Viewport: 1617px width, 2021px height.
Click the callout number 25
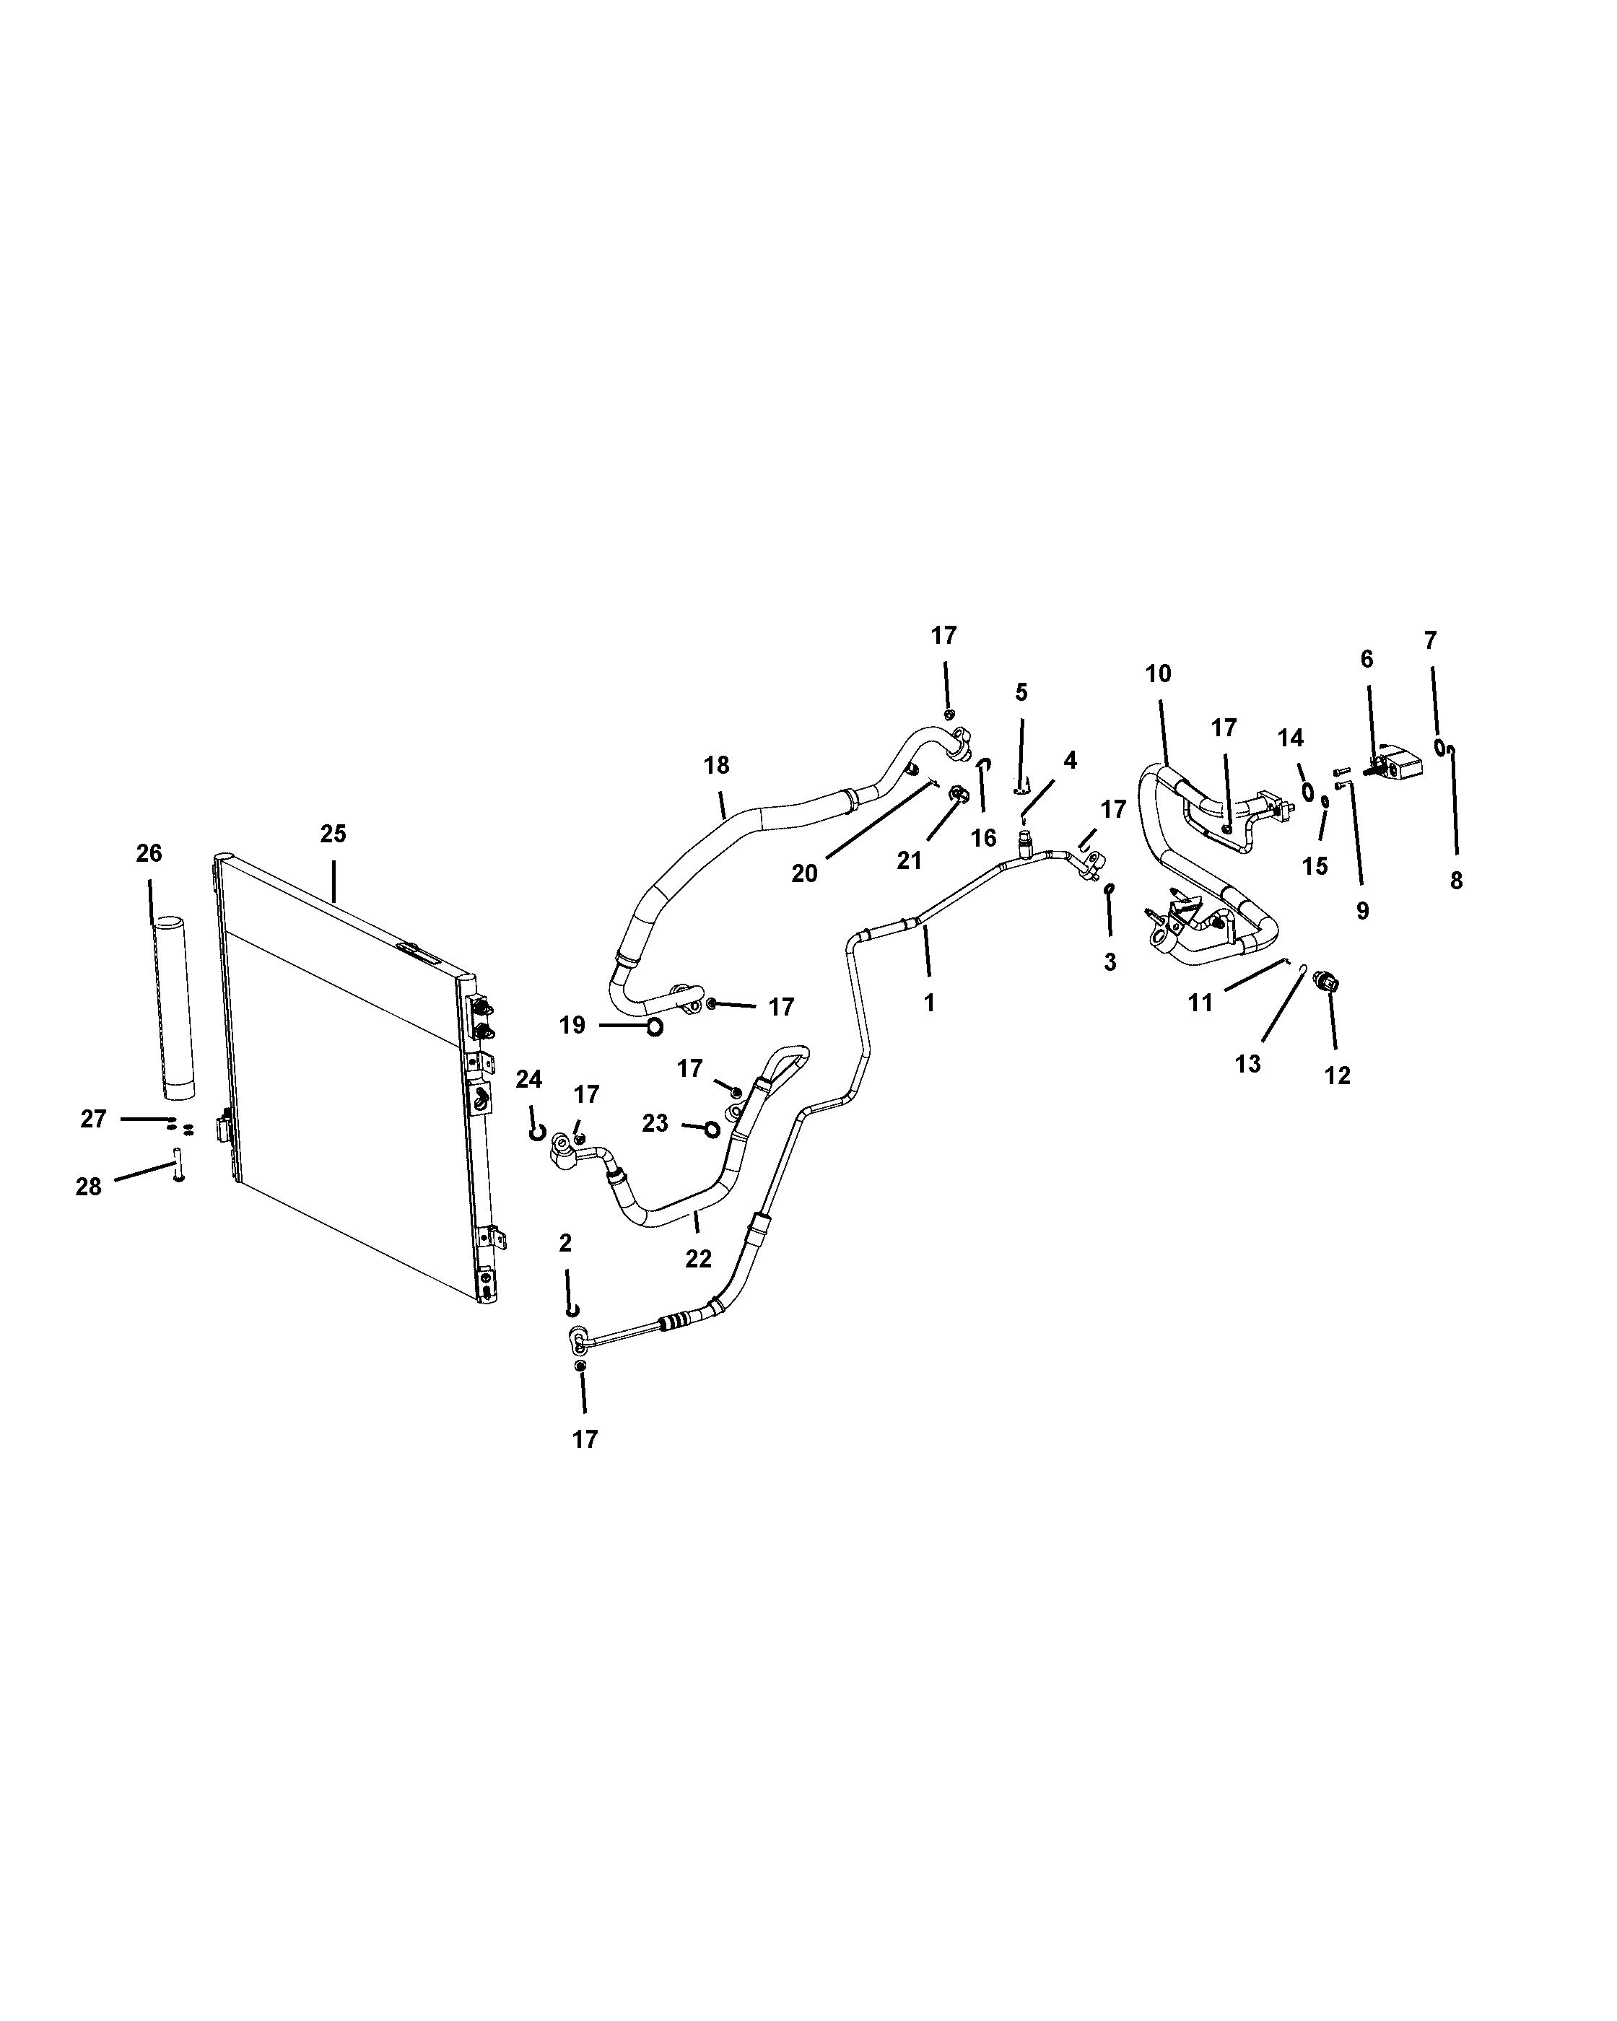[x=333, y=834]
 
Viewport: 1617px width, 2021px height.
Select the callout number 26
[x=149, y=853]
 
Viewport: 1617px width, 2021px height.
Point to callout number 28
[x=88, y=1187]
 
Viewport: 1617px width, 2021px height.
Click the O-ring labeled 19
[x=654, y=1027]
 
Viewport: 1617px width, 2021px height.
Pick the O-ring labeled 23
[x=712, y=1130]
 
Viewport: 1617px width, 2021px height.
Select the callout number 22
[x=698, y=1259]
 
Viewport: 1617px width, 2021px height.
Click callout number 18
[x=716, y=765]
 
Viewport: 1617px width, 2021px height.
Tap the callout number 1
[x=929, y=1003]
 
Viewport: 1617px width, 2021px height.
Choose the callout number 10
[x=1159, y=673]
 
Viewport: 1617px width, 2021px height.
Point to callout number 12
[x=1338, y=1075]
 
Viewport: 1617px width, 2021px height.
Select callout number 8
[x=1456, y=880]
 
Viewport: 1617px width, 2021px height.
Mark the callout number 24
[x=528, y=1079]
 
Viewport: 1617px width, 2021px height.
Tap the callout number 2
[x=565, y=1243]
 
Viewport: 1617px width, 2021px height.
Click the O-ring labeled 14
[x=1307, y=794]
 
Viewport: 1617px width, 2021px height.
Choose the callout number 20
[x=804, y=873]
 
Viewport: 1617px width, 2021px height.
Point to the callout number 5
[x=1021, y=691]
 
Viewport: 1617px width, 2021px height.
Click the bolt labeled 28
[x=177, y=1164]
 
